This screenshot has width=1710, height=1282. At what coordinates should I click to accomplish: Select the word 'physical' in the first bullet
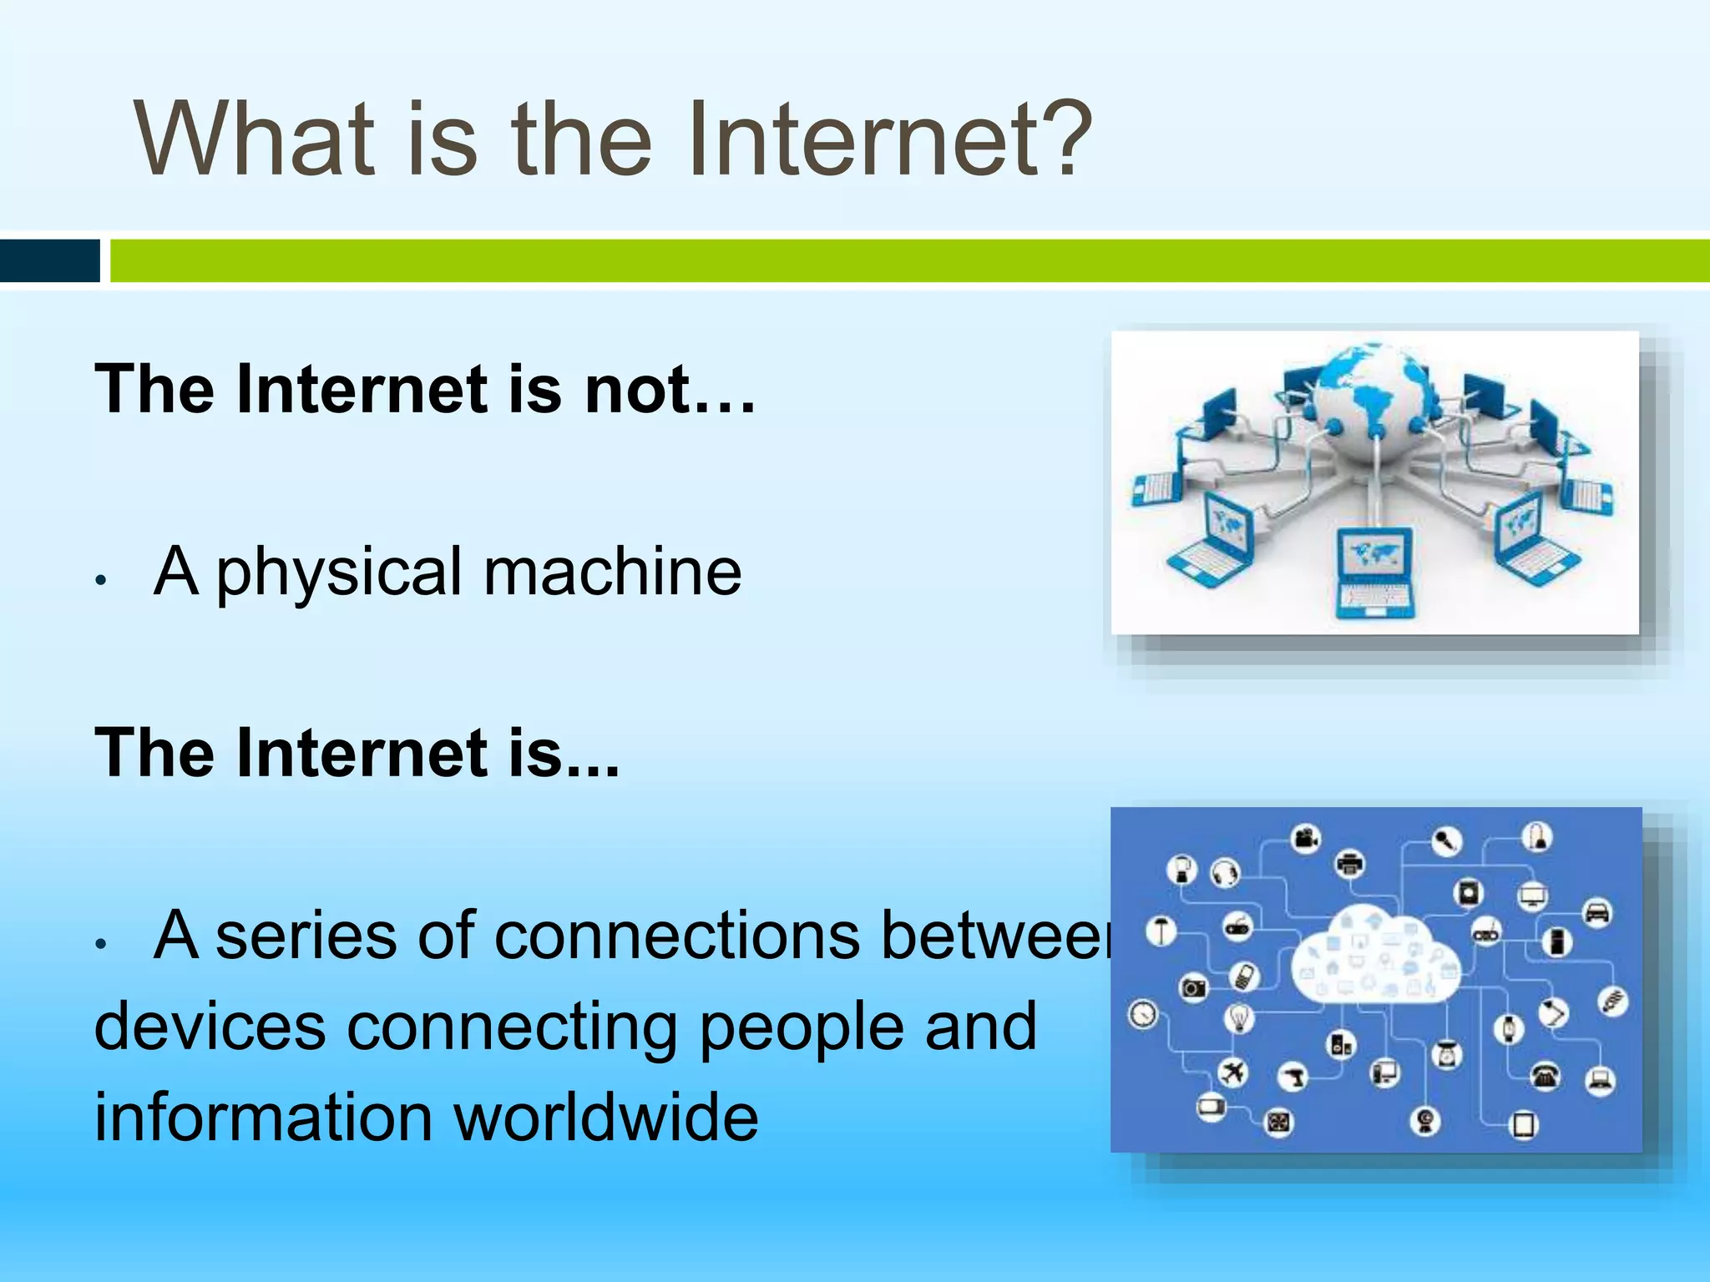(339, 574)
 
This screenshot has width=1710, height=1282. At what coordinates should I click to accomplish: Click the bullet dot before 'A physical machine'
(100, 580)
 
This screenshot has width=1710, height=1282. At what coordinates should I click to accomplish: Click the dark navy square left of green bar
(49, 260)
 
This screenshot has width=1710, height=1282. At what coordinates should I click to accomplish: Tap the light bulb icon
(1240, 1017)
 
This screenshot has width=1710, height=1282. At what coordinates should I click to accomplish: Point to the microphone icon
(1446, 841)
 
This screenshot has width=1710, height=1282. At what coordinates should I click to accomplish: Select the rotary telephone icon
(1546, 1075)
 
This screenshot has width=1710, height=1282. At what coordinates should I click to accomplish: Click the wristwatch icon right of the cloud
(1509, 1029)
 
